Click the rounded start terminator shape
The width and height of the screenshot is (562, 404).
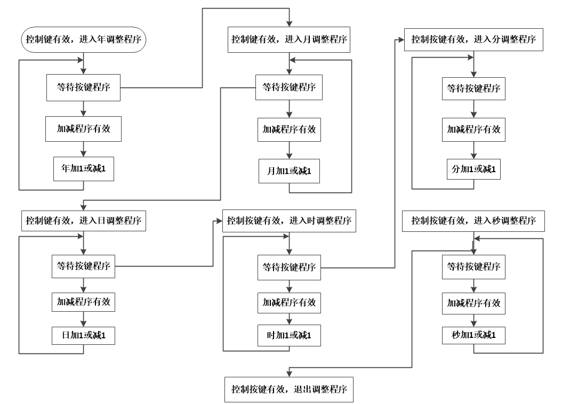tap(84, 40)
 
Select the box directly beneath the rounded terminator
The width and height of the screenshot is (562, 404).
tap(83, 88)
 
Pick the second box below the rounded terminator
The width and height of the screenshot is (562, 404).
tap(83, 128)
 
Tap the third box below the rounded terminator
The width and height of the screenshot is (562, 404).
tap(84, 168)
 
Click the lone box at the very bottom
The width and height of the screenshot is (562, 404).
tap(289, 389)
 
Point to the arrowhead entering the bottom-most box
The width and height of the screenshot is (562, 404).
tap(289, 373)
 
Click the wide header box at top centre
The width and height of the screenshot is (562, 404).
tap(289, 39)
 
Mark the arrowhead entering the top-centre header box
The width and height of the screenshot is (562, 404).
tap(289, 23)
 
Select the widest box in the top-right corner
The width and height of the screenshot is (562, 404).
tap(473, 39)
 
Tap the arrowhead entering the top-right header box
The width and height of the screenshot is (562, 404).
tap(400, 39)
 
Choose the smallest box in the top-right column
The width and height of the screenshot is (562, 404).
tap(473, 169)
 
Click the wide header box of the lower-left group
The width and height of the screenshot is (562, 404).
tap(84, 221)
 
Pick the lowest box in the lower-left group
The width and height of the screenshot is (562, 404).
tap(83, 336)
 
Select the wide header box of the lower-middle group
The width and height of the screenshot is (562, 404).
tap(289, 221)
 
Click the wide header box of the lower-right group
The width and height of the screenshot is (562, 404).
tap(473, 221)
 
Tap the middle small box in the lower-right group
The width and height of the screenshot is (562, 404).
tap(473, 303)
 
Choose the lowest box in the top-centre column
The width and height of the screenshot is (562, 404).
tap(289, 171)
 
